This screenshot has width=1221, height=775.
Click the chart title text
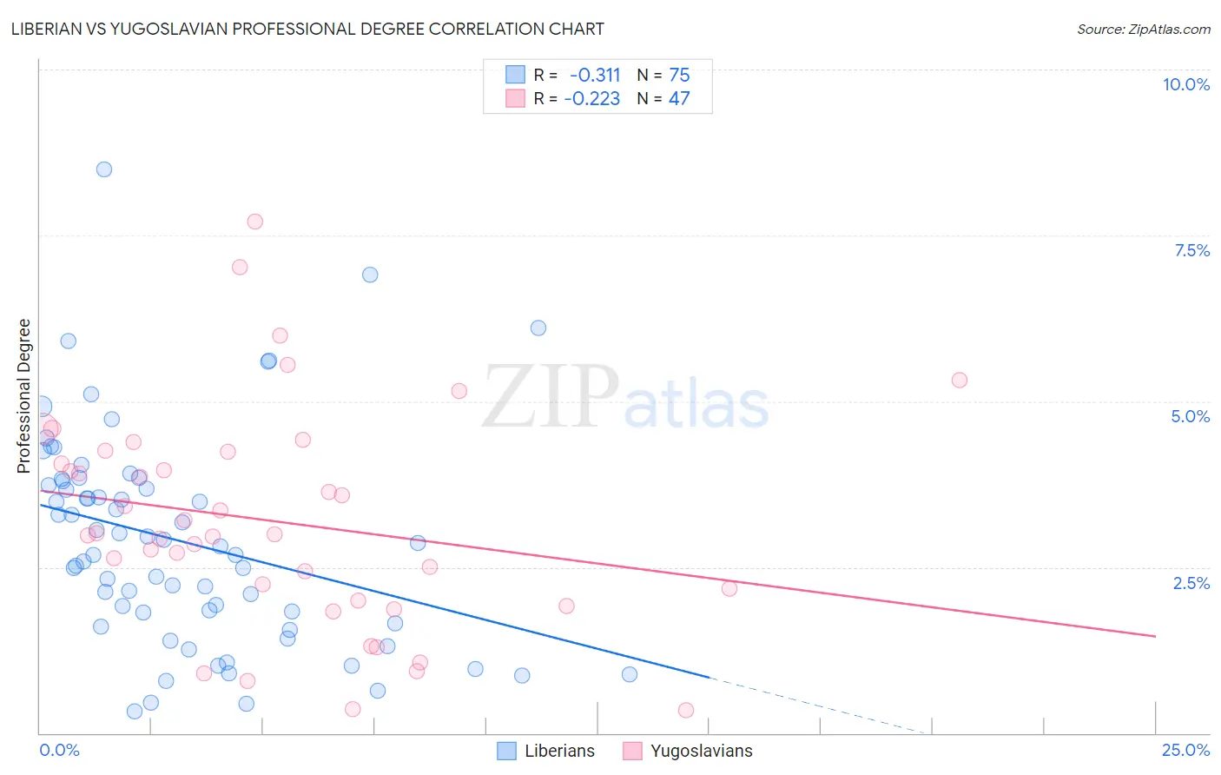[308, 29]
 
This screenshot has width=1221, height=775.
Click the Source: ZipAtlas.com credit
[1143, 30]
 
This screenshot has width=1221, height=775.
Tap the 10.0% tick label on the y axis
[1185, 84]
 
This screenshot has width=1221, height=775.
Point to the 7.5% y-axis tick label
[1191, 250]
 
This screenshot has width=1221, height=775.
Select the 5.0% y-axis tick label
[1190, 416]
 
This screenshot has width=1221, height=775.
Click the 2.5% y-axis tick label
[1191, 583]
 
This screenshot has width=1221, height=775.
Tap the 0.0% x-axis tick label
[60, 750]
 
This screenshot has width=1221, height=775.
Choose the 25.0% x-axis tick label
[1185, 750]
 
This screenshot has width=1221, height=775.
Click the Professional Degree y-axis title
[24, 396]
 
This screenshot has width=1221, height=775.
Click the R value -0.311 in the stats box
[595, 76]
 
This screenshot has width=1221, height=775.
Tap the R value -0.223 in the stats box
[592, 99]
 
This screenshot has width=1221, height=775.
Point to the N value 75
[679, 76]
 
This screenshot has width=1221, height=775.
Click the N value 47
[679, 99]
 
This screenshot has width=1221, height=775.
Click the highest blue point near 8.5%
[104, 169]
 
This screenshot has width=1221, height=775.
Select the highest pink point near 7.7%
[254, 222]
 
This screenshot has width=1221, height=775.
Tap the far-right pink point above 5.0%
[959, 380]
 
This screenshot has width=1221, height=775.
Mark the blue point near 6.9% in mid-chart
[370, 275]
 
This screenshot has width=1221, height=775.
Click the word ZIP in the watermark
[550, 398]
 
